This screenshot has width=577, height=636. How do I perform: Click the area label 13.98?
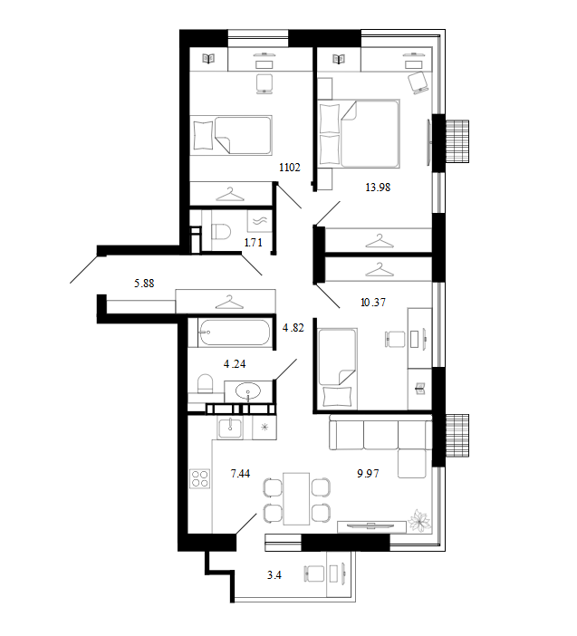pyautogui.click(x=378, y=187)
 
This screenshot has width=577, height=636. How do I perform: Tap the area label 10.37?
pyautogui.click(x=373, y=303)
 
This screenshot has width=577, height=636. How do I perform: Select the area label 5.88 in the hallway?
pyautogui.click(x=144, y=283)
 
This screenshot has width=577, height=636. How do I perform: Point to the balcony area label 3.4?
pyautogui.click(x=274, y=574)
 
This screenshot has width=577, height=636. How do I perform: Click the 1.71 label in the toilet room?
pyautogui.click(x=253, y=243)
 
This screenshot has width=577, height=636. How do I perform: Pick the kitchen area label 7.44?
pyautogui.click(x=240, y=473)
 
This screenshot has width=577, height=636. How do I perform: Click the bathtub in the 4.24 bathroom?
pyautogui.click(x=234, y=332)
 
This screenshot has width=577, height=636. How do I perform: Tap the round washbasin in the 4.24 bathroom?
pyautogui.click(x=248, y=391)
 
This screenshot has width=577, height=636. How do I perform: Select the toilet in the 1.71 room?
pyautogui.click(x=221, y=233)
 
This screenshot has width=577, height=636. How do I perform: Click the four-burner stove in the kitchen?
pyautogui.click(x=200, y=478)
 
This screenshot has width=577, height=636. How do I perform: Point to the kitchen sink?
pyautogui.click(x=230, y=428)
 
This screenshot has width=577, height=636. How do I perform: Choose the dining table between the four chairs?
pyautogui.click(x=296, y=498)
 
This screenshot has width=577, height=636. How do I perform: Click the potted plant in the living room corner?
pyautogui.click(x=418, y=520)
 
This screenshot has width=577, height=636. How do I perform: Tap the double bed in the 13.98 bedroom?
pyautogui.click(x=359, y=133)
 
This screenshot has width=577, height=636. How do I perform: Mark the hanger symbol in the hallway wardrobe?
pyautogui.click(x=229, y=302)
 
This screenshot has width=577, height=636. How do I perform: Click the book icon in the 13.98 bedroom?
pyautogui.click(x=339, y=59)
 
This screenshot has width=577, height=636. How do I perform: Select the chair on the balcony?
pyautogui.click(x=313, y=574)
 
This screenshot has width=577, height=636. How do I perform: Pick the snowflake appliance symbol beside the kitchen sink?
pyautogui.click(x=264, y=427)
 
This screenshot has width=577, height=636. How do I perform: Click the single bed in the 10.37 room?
pyautogui.click(x=338, y=369)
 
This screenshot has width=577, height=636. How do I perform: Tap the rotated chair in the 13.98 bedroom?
pyautogui.click(x=418, y=82)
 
